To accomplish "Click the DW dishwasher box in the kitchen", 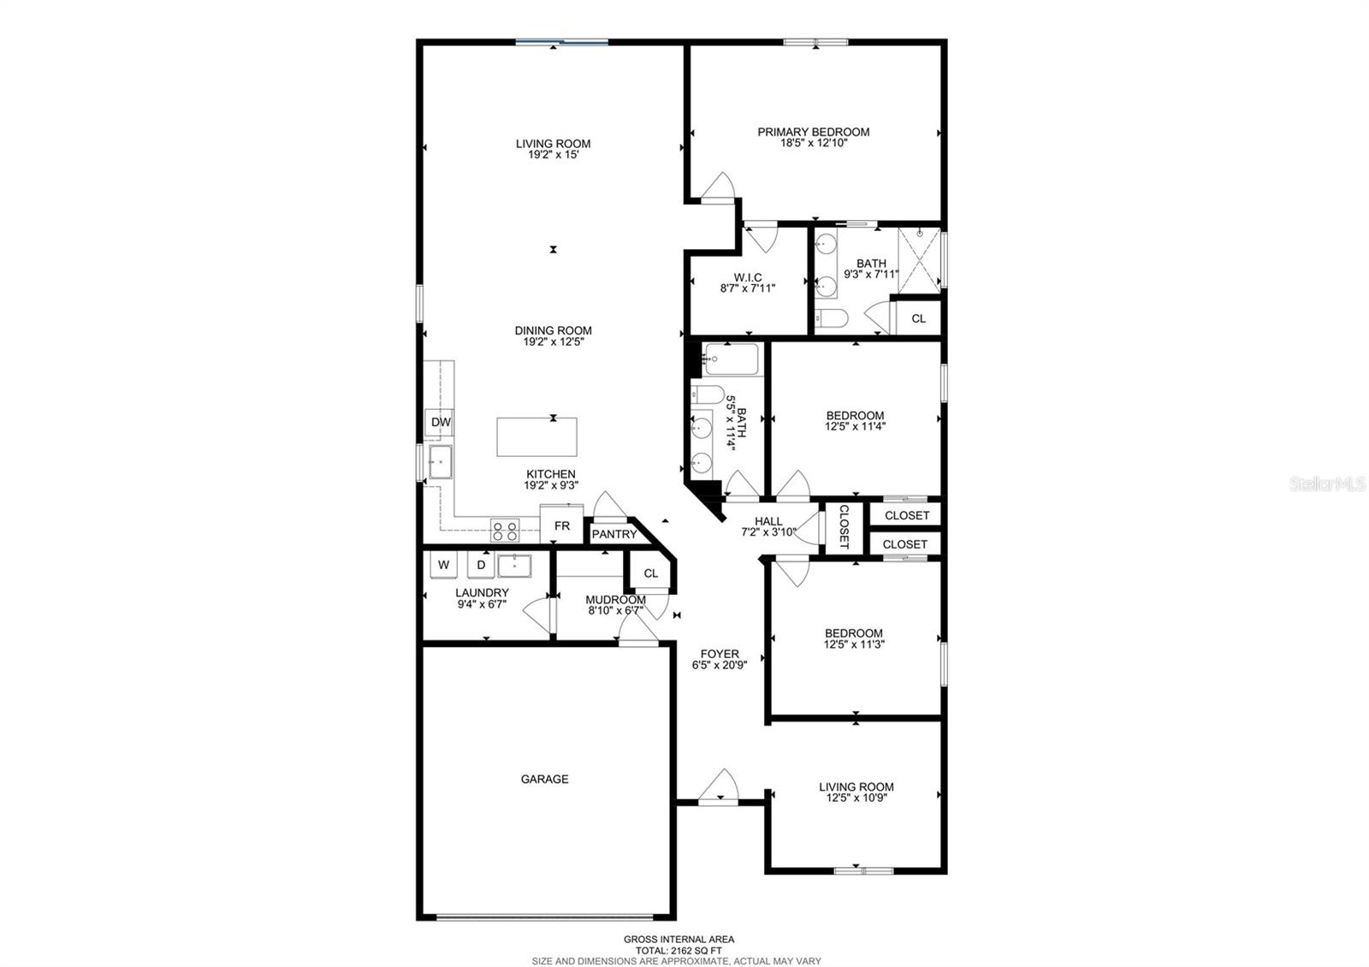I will tap(440, 422).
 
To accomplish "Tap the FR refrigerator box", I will tap(561, 525).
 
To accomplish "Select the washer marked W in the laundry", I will tap(443, 565).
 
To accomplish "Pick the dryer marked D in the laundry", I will tap(481, 565).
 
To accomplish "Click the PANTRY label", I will tap(614, 534).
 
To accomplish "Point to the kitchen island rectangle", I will tap(536, 437).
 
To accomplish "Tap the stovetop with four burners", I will tap(505, 531).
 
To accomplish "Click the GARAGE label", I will tap(544, 779).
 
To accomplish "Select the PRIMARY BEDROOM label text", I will tap(813, 132).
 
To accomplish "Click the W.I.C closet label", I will tap(747, 277).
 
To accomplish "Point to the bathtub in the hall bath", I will tap(732, 359).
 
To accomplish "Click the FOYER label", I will tap(719, 654).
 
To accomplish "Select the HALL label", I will tap(768, 521).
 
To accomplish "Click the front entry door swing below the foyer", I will tap(719, 787).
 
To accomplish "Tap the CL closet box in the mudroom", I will tap(650, 572).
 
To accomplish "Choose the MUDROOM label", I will tap(615, 600).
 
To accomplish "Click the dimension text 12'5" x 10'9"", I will tap(856, 798).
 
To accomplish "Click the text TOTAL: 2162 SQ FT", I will tap(678, 950).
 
